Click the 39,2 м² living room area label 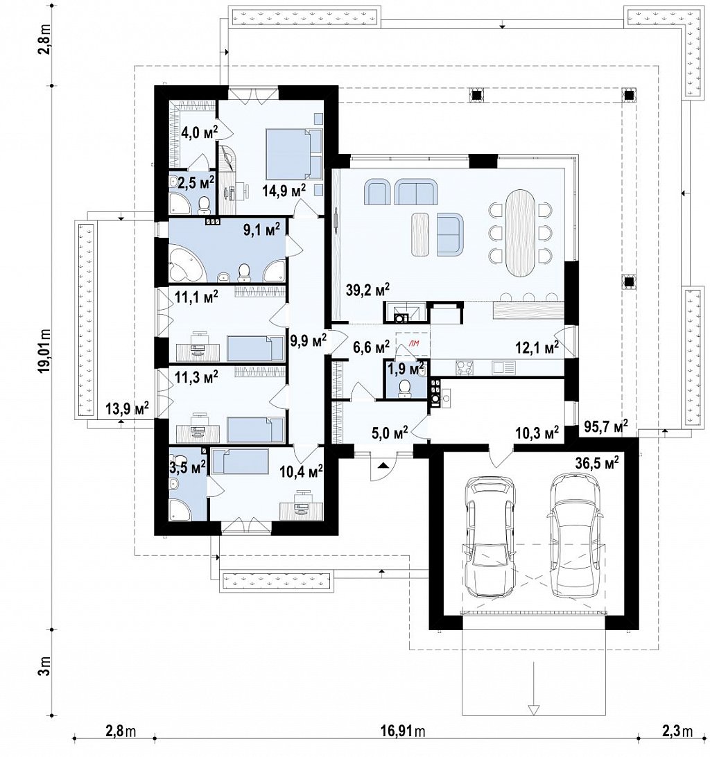(367, 290)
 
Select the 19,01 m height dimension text (46, 352)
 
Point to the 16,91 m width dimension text (402, 731)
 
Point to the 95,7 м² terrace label (606, 425)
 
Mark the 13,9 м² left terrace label (128, 408)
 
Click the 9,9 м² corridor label (309, 340)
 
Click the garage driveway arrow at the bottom (532, 709)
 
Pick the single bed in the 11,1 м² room (256, 347)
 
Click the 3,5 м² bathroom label (187, 467)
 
